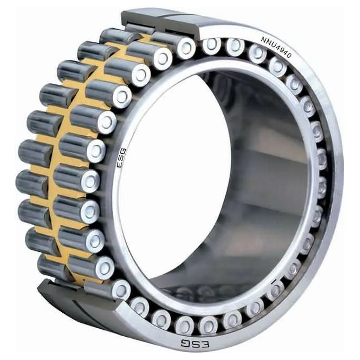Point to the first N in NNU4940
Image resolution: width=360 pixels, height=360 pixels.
click(x=263, y=39)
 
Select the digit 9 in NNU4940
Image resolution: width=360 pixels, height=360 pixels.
click(x=281, y=50)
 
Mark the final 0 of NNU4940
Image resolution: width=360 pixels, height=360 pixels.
click(x=289, y=56)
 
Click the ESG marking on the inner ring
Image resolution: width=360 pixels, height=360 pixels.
click(x=121, y=157)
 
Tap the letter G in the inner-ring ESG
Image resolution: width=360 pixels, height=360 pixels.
click(x=122, y=151)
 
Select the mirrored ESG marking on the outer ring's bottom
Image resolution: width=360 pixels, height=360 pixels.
click(x=195, y=344)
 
